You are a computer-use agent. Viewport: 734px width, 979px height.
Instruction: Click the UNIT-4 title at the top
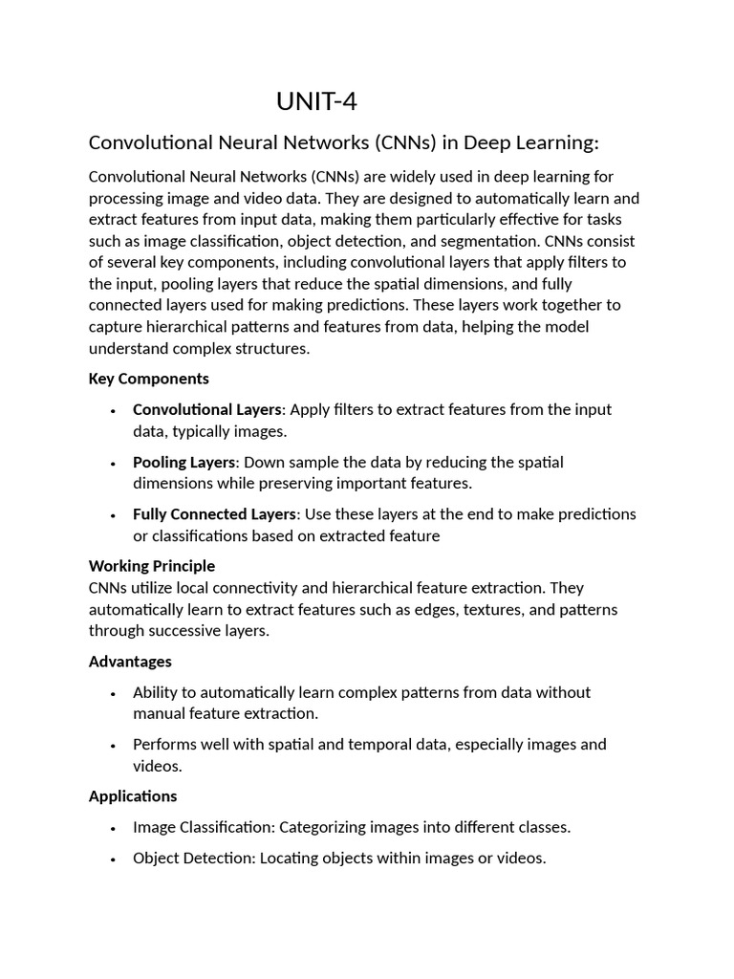pyautogui.click(x=316, y=101)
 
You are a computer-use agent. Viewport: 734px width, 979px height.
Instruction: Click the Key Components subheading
pyautogui.click(x=148, y=379)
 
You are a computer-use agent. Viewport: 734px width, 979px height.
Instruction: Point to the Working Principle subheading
pyautogui.click(x=152, y=565)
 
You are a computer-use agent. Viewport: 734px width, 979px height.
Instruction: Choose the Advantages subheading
pyautogui.click(x=130, y=661)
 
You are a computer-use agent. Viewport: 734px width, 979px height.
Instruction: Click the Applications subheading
pyautogui.click(x=133, y=795)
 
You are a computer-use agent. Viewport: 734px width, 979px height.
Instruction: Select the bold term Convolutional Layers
pyautogui.click(x=207, y=409)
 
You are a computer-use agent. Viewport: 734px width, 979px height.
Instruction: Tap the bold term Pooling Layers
pyautogui.click(x=183, y=462)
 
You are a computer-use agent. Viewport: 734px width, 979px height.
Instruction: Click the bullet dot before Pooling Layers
pyautogui.click(x=113, y=464)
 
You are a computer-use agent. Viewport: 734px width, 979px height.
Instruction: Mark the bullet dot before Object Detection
pyautogui.click(x=113, y=859)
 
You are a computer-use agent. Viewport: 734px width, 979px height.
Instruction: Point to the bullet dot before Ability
pyautogui.click(x=113, y=693)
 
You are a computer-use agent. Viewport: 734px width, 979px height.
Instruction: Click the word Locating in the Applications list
pyautogui.click(x=289, y=858)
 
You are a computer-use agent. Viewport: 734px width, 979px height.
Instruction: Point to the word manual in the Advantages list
pyautogui.click(x=157, y=713)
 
